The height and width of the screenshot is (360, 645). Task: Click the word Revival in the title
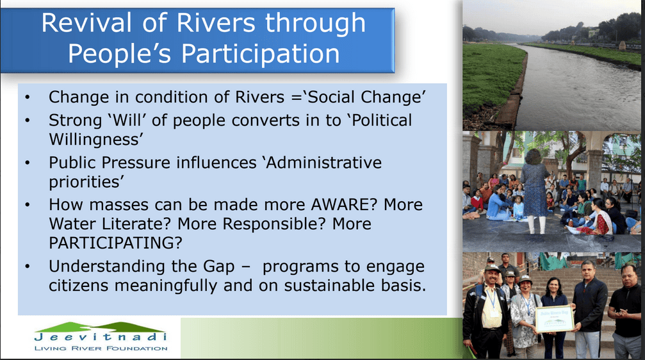click(86, 23)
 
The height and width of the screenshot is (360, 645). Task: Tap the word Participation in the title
click(261, 54)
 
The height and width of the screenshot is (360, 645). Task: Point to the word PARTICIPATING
click(115, 243)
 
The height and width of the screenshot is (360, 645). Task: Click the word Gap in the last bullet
click(219, 266)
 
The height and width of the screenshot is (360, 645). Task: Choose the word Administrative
click(323, 163)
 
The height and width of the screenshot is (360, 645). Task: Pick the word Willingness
click(95, 140)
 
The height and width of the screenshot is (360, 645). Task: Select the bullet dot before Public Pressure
click(28, 163)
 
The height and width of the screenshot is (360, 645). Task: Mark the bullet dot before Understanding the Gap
click(28, 266)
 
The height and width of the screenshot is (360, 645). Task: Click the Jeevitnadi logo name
click(101, 337)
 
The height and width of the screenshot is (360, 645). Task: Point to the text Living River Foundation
click(101, 348)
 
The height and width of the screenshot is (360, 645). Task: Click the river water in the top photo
click(576, 90)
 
